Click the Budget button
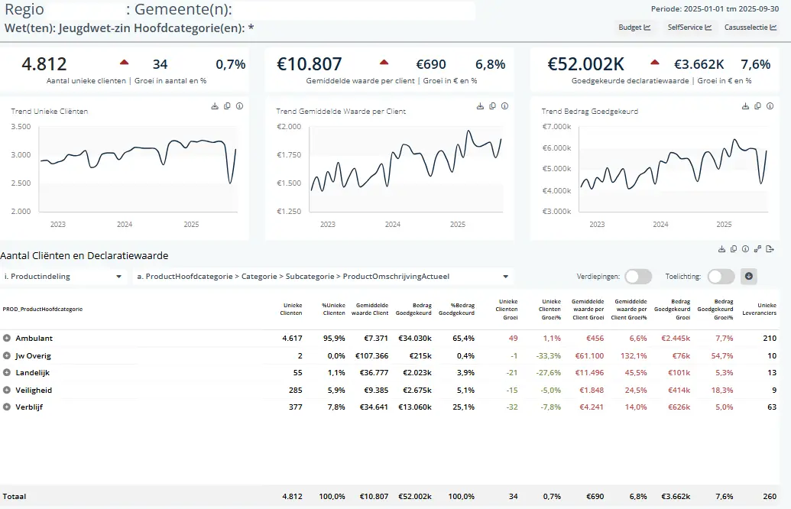(634, 28)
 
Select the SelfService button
(689, 28)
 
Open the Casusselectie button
(750, 28)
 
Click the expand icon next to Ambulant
(7, 338)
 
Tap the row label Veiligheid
(34, 390)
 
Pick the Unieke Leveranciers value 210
(769, 338)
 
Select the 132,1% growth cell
(631, 355)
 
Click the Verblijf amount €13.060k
(414, 407)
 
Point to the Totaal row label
(15, 496)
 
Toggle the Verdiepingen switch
(638, 277)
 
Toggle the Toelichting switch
(721, 277)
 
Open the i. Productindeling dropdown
(63, 277)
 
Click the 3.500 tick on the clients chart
(21, 127)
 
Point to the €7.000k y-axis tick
(556, 126)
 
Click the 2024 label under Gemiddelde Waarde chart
(392, 225)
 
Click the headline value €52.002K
(586, 64)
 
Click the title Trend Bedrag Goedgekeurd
(589, 112)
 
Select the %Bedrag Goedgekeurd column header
(462, 309)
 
